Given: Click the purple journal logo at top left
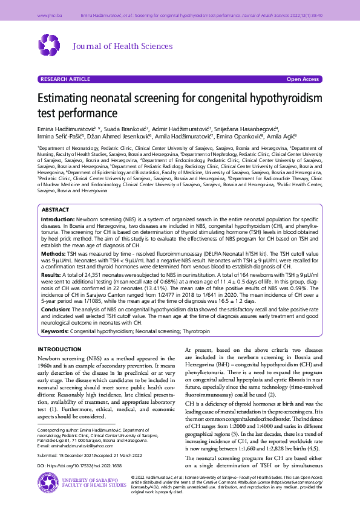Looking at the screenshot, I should click(x=50, y=46).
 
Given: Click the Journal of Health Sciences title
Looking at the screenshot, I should click(x=122, y=47).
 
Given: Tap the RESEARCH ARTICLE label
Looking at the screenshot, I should click(x=64, y=79).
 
